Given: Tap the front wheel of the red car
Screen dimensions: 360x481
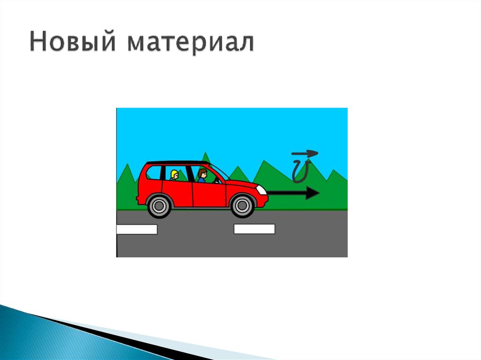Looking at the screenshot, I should pos(242,206).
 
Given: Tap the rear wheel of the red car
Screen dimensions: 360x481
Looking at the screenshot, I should pos(159,206).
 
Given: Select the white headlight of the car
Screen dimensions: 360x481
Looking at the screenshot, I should pos(261,190).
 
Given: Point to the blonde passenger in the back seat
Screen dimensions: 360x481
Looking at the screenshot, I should pos(174,175).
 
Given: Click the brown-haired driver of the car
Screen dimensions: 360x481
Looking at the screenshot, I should pos(202,176).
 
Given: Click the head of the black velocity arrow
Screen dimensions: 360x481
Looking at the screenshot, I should pos(312,193).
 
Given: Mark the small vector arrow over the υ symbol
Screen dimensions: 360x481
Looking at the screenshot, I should pos(304,153).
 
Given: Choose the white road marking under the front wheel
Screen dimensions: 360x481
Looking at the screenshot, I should pos(254,229).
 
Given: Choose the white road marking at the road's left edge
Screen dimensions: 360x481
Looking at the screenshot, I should pos(137,230).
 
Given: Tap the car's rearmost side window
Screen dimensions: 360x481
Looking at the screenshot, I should pos(154,173).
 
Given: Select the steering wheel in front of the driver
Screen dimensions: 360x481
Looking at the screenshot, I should pos(216,180).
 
